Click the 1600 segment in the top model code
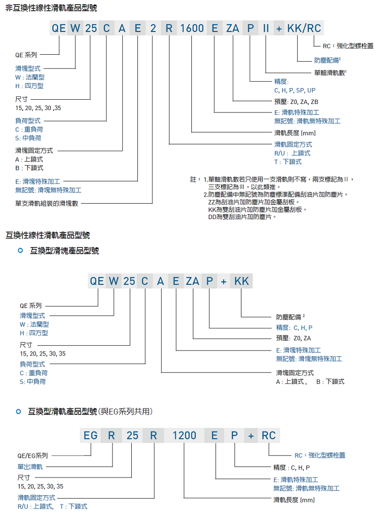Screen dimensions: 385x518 point(192,28)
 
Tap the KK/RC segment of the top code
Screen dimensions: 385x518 point(304,28)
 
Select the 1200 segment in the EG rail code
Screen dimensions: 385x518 point(184,435)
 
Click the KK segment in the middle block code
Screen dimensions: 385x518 point(242,281)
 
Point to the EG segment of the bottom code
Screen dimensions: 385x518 point(90,435)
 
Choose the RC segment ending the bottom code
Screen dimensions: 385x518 point(269,435)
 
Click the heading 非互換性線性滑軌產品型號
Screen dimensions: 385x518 point(51,8)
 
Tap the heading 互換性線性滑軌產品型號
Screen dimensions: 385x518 point(47,235)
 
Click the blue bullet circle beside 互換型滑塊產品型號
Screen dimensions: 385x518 point(21,250)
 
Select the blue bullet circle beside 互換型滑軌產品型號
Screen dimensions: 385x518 point(18,411)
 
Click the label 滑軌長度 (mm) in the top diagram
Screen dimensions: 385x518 point(295,133)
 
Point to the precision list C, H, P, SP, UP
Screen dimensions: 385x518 point(295,90)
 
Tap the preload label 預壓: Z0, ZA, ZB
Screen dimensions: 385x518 point(296,102)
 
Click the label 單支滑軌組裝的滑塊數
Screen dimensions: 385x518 point(47,204)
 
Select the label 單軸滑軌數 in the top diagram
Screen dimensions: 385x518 point(330,73)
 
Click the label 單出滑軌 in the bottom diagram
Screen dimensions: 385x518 point(30,467)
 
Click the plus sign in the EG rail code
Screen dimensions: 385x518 point(251,436)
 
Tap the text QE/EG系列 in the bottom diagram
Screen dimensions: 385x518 point(33,456)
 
